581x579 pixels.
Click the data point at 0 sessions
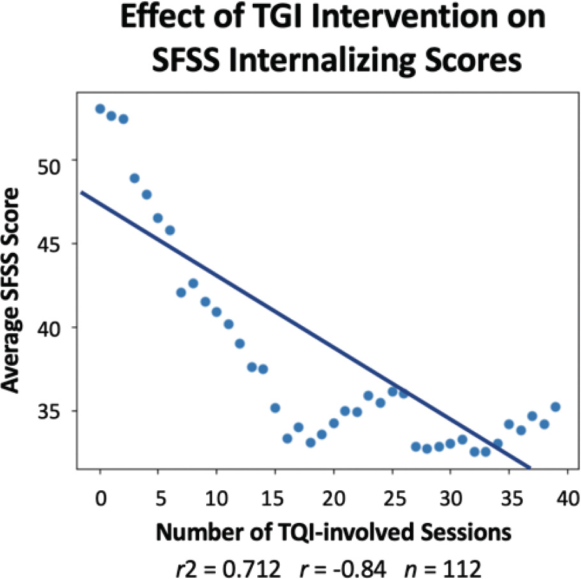point(100,109)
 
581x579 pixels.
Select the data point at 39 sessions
point(555,407)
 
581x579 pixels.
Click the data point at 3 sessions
point(135,178)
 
